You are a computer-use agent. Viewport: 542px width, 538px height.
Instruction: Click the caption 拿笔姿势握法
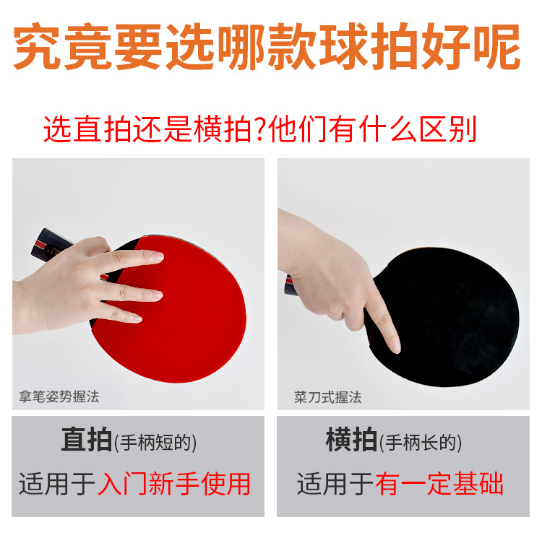tap(59, 396)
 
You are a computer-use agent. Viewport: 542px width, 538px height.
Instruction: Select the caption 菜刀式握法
tap(327, 397)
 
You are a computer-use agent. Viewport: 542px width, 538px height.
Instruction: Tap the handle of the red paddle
tap(49, 245)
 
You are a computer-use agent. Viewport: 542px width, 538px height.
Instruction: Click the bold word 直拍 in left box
tap(86, 441)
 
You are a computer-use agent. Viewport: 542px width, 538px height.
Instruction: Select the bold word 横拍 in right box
tap(352, 441)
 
